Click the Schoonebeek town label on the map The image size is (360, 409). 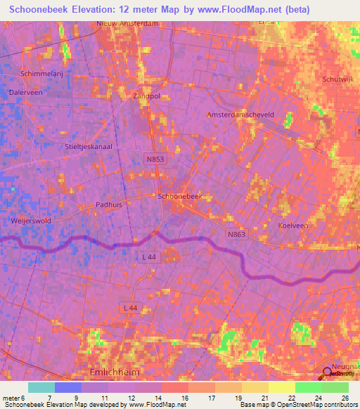click(180, 197)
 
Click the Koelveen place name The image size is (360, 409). click(293, 226)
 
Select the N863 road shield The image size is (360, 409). click(236, 234)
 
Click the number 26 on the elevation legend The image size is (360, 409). click(345, 398)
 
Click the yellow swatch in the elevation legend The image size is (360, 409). click(281, 387)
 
